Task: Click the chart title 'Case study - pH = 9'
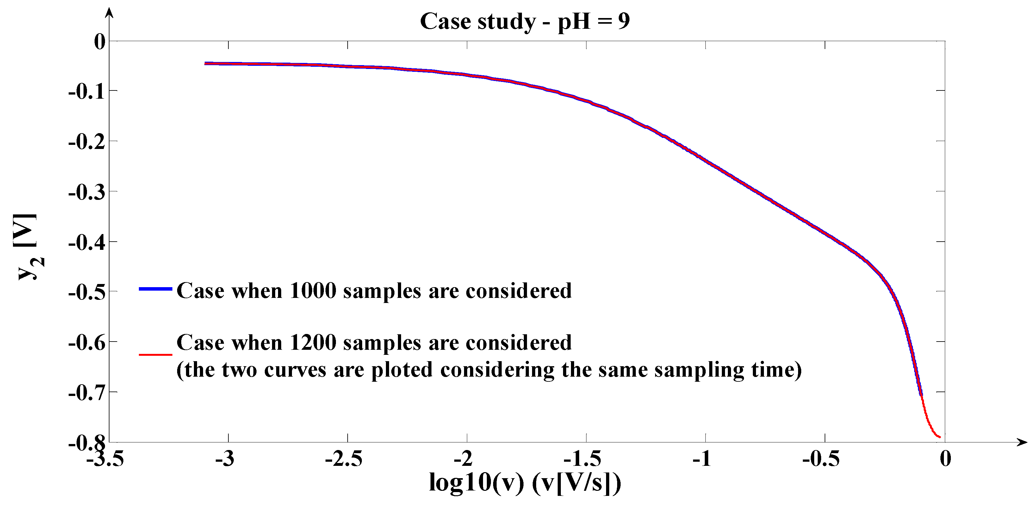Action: (524, 21)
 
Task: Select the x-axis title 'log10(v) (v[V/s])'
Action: (525, 482)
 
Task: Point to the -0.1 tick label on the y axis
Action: (87, 92)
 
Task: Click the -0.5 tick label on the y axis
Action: (87, 292)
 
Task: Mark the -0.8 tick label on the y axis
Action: (87, 443)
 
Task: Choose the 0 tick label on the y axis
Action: (100, 42)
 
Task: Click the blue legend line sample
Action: (156, 289)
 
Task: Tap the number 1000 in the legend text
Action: (313, 290)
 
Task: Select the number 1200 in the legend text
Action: (313, 342)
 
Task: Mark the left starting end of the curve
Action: (206, 64)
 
